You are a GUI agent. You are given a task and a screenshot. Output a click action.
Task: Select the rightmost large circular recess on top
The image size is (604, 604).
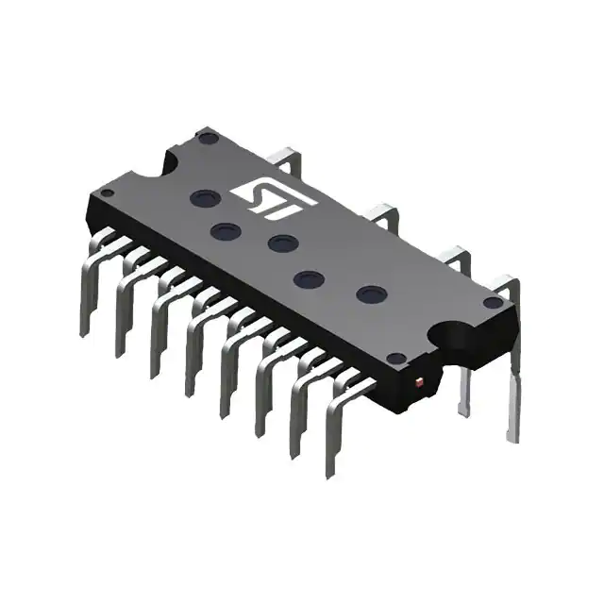coord(370,294)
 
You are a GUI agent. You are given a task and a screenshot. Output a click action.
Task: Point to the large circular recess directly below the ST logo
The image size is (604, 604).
coord(283,243)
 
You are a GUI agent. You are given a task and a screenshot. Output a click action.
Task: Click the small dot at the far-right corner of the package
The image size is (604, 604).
coord(491,302)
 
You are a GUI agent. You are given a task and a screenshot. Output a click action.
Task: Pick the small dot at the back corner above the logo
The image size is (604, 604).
coord(210,138)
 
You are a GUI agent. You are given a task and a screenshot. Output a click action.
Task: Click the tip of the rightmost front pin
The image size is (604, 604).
coord(329,472)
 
